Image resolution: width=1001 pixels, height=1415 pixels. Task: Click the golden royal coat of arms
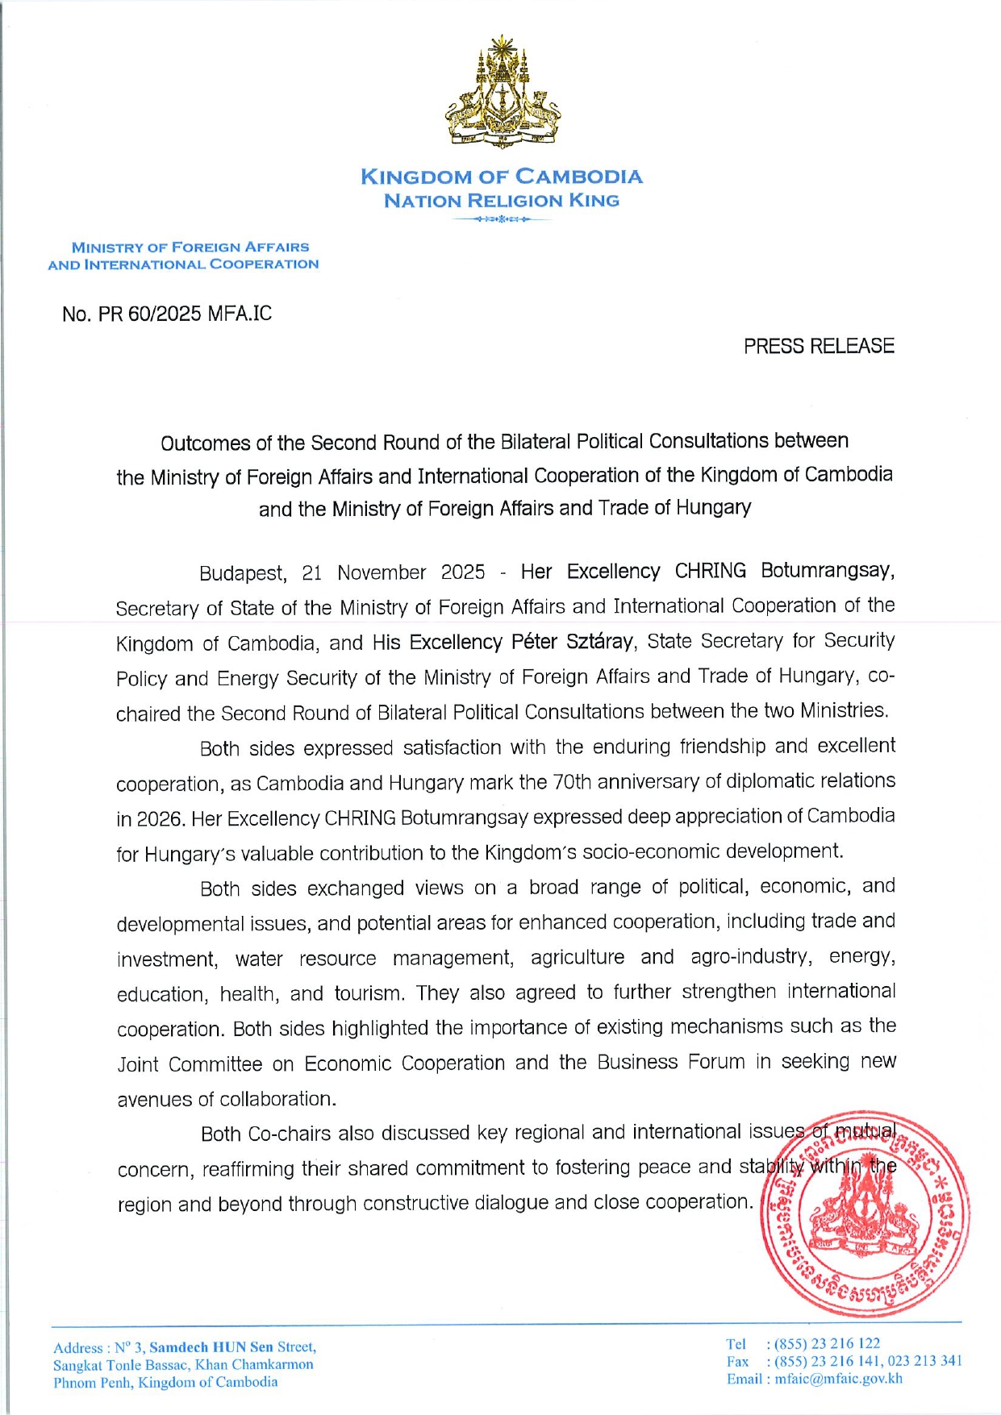click(x=503, y=92)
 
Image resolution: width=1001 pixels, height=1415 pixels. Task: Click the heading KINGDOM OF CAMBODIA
click(x=501, y=177)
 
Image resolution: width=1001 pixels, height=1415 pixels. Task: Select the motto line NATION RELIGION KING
click(x=501, y=201)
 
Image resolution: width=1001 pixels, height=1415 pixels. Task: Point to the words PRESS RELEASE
click(x=819, y=346)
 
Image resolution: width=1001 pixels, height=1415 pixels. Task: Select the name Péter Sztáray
click(x=573, y=642)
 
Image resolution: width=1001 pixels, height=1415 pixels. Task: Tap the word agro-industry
click(x=751, y=957)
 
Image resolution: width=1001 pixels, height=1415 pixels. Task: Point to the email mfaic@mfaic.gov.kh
click(x=839, y=1379)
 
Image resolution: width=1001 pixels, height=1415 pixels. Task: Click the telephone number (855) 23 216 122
click(x=828, y=1343)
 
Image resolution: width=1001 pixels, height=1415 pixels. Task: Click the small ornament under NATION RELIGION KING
click(x=502, y=219)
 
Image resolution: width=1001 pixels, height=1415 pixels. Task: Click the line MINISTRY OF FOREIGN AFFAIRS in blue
click(x=190, y=248)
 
